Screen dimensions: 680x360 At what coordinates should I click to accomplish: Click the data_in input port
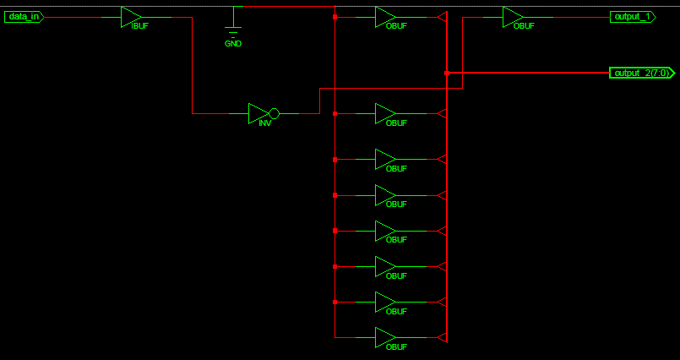[24, 17]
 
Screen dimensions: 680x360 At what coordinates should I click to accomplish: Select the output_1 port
[633, 17]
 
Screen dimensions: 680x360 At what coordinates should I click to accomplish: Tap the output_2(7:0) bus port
[642, 73]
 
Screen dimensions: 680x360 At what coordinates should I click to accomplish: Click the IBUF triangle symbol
[131, 17]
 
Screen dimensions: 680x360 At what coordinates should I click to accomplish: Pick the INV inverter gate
[264, 113]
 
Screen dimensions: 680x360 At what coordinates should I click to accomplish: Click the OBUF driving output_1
[513, 17]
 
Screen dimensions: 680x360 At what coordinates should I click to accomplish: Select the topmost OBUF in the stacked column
[385, 17]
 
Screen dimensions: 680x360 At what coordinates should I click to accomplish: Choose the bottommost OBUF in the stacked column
[385, 337]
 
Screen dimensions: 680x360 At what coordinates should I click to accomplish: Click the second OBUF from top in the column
[385, 113]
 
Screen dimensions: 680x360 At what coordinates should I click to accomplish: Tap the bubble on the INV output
[274, 113]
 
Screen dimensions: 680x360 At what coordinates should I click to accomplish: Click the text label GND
[233, 44]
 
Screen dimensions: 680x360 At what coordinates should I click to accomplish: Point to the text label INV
[265, 123]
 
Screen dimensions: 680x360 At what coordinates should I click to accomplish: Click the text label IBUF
[140, 26]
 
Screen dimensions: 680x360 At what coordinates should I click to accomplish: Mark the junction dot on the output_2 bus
[447, 73]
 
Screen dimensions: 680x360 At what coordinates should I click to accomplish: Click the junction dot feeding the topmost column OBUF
[335, 17]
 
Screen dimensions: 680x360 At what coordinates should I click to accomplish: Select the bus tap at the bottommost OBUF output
[442, 337]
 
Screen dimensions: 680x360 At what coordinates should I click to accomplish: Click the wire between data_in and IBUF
[83, 18]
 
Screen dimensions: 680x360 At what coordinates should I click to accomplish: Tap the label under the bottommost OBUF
[396, 347]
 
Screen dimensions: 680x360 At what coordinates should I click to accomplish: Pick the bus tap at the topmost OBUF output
[442, 17]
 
